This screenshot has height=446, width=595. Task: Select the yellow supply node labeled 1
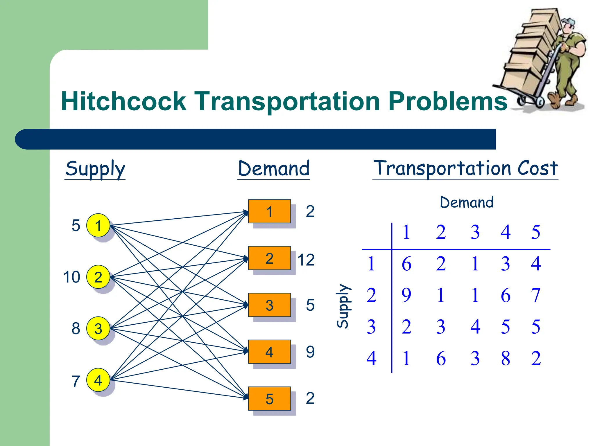98,225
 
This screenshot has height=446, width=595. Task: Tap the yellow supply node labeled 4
98,380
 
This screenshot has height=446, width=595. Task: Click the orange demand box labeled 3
269,305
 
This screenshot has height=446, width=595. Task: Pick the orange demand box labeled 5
269,398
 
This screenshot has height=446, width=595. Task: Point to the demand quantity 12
306,260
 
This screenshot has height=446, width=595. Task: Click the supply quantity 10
71,277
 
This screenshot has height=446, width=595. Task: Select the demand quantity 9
310,352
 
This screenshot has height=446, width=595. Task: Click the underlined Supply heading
95,169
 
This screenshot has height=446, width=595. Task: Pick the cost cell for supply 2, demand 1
406,295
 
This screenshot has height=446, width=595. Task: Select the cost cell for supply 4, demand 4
506,358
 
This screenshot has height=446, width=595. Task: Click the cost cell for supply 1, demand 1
406,264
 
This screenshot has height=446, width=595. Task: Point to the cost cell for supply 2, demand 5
535,295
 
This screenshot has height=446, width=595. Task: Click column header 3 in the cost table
475,232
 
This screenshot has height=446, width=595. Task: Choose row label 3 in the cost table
371,327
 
